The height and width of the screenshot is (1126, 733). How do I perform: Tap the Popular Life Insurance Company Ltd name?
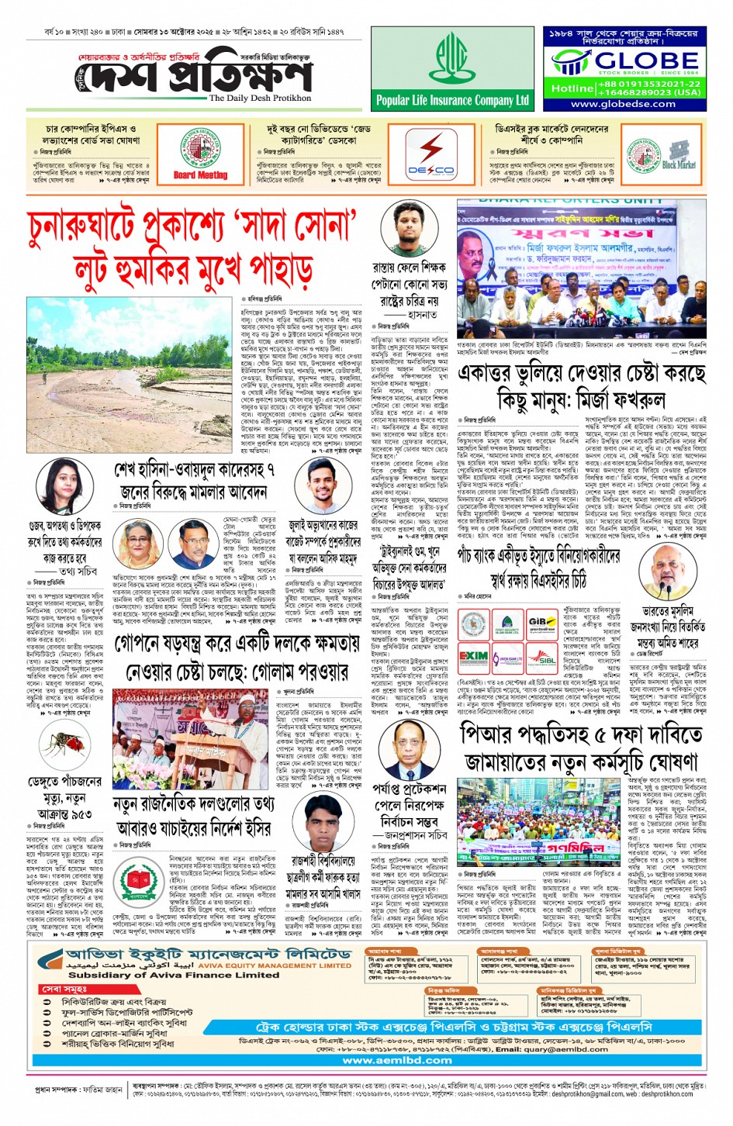tap(452, 100)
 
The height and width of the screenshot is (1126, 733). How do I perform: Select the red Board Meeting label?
tap(200, 175)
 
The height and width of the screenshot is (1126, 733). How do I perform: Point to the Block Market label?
tap(679, 164)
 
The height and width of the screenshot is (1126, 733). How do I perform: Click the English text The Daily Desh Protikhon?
tap(260, 98)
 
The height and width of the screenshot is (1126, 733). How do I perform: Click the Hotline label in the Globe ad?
tap(572, 88)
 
